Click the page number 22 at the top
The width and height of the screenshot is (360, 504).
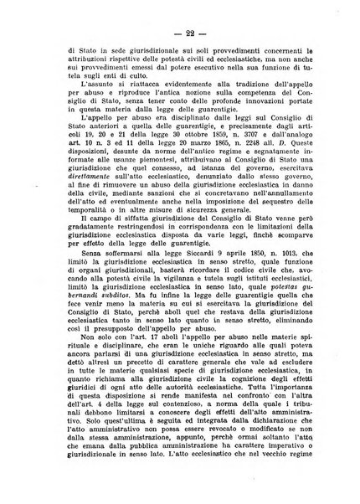[179, 31]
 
